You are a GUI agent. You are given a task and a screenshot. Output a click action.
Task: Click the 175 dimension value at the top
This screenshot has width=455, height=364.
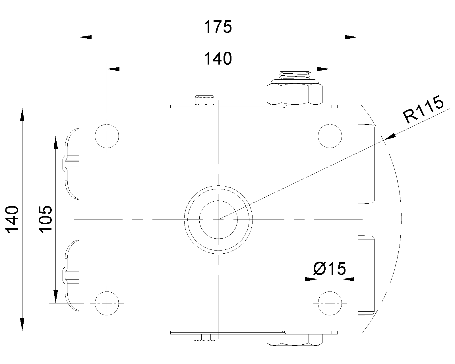click(218, 27)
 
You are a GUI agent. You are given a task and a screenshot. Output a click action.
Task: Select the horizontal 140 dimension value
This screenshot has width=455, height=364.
click(218, 59)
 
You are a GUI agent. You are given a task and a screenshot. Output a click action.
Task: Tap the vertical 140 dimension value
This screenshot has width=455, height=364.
click(12, 220)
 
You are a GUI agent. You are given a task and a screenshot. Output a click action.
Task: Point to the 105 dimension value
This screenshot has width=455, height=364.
click(45, 219)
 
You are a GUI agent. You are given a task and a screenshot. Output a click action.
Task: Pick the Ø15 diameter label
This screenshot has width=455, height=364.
click(329, 269)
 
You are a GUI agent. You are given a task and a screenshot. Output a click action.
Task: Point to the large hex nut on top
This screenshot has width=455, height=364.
click(295, 92)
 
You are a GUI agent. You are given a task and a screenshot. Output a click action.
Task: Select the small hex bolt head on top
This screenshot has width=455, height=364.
click(204, 100)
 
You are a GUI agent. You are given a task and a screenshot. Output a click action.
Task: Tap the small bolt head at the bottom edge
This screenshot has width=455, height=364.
click(205, 337)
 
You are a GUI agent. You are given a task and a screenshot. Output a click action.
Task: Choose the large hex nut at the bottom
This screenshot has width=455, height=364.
click(295, 340)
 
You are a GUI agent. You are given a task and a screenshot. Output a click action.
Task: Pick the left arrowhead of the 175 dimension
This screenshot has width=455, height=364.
click(85, 37)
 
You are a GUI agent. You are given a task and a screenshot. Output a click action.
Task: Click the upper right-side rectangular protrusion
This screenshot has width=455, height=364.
click(366, 164)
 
